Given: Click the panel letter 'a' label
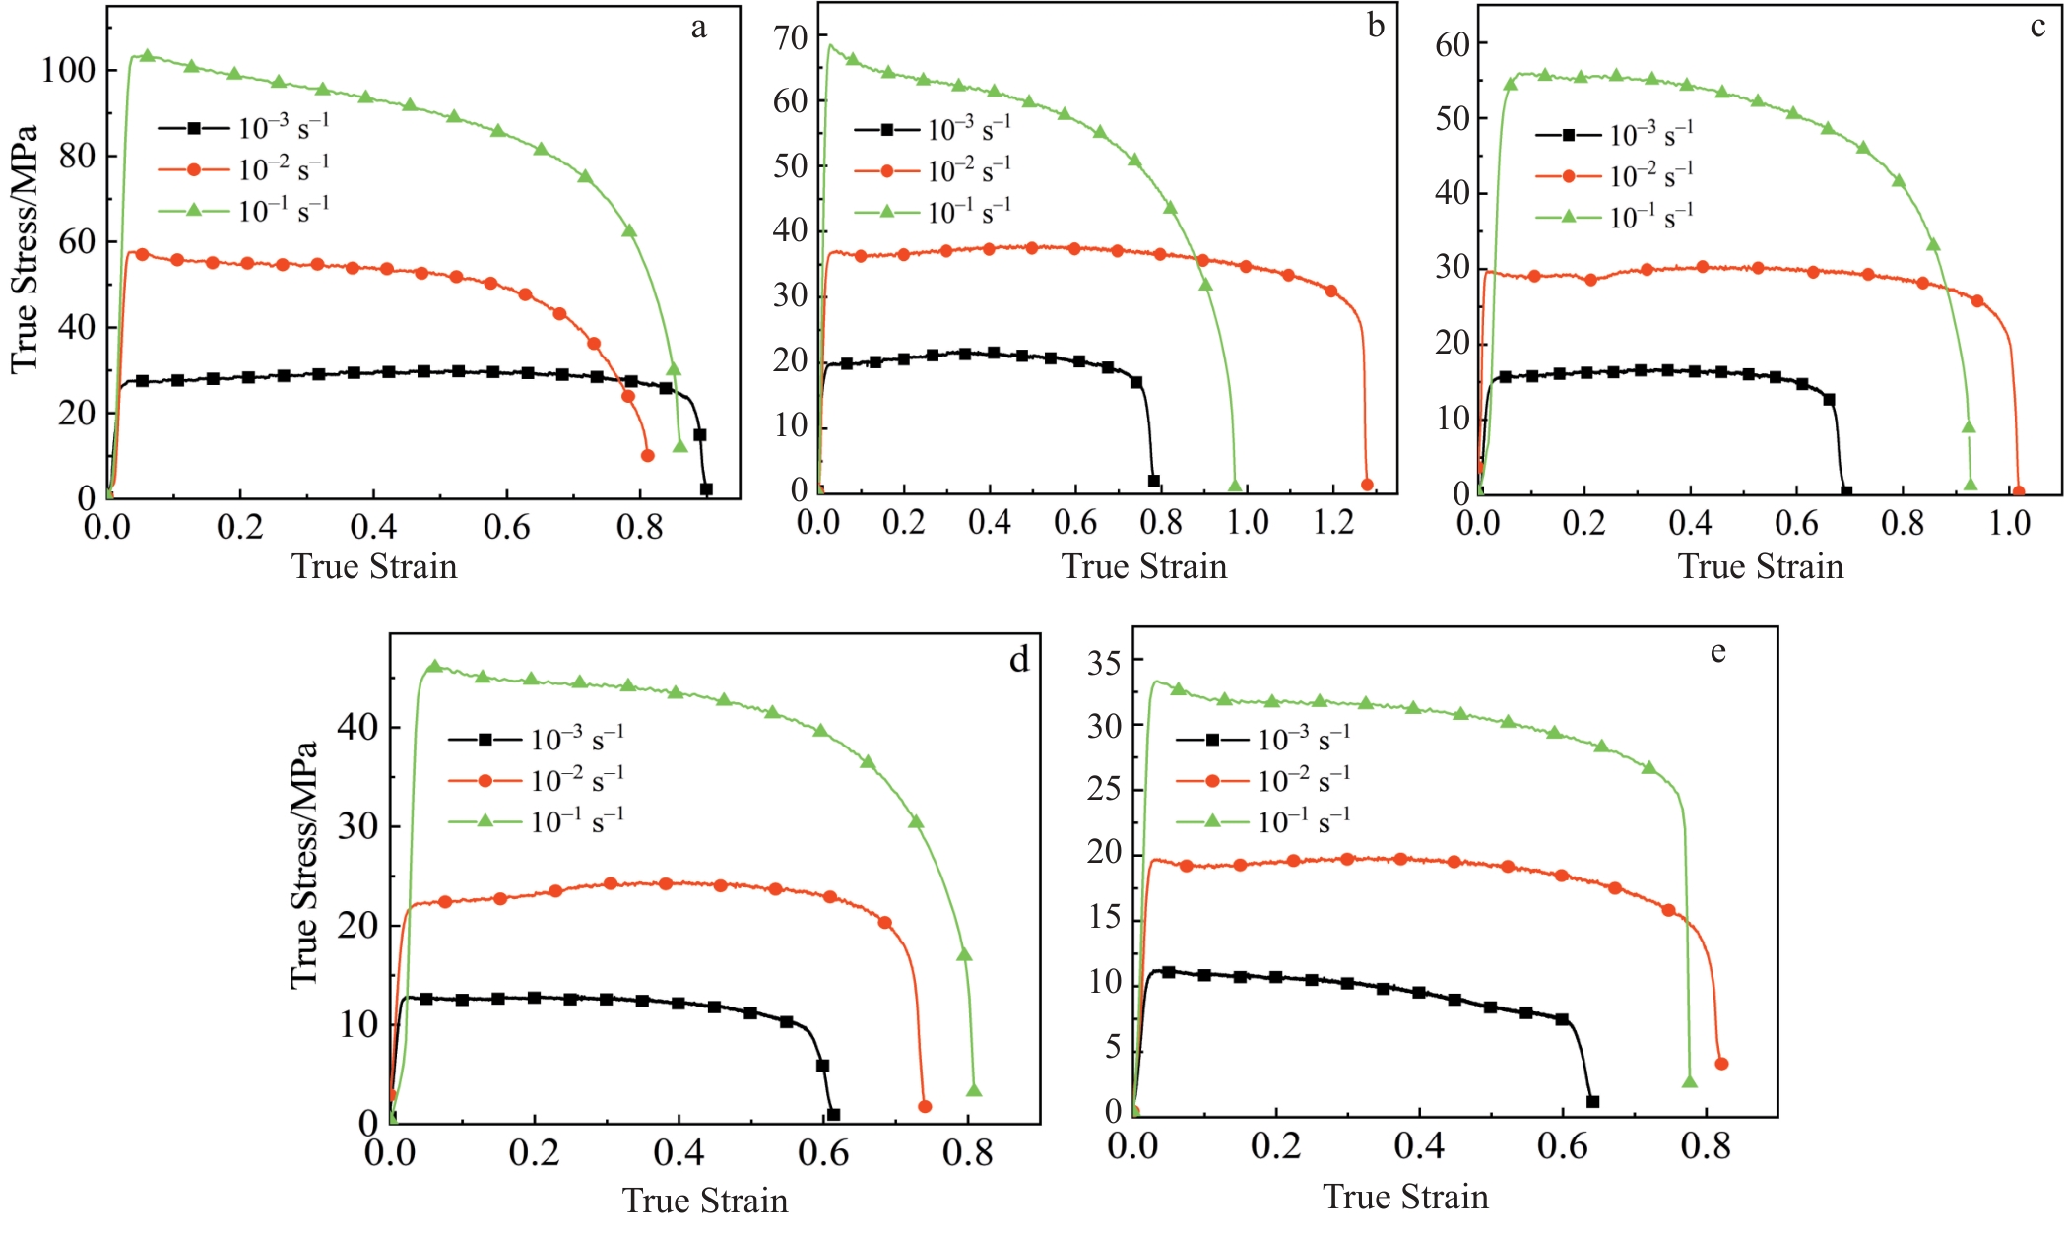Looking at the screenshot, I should point(698,28).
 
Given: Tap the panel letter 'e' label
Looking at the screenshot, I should point(1717,652).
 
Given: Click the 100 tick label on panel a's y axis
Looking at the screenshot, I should point(68,71).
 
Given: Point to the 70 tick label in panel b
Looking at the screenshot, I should point(791,38).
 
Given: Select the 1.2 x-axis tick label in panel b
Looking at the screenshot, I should point(1333,522).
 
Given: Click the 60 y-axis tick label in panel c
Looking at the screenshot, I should point(1453,44).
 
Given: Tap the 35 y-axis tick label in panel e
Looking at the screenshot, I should point(1104,663).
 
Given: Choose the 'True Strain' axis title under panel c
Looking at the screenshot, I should point(1760,567).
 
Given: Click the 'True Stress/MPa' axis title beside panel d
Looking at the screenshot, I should point(304,865).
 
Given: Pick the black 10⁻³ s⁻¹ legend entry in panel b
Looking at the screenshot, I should point(933,130).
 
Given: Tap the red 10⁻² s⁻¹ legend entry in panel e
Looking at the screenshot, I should point(1263,781).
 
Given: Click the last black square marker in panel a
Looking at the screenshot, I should point(706,488).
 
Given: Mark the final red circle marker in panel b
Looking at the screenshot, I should point(1367,485).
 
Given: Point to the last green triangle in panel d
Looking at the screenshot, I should point(974,1090).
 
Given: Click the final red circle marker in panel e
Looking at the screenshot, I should point(1721,1064).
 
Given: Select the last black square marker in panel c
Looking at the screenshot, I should point(1846,491).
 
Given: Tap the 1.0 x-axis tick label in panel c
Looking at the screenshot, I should point(2009,523).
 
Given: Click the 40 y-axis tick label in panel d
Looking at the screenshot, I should point(357,728).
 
